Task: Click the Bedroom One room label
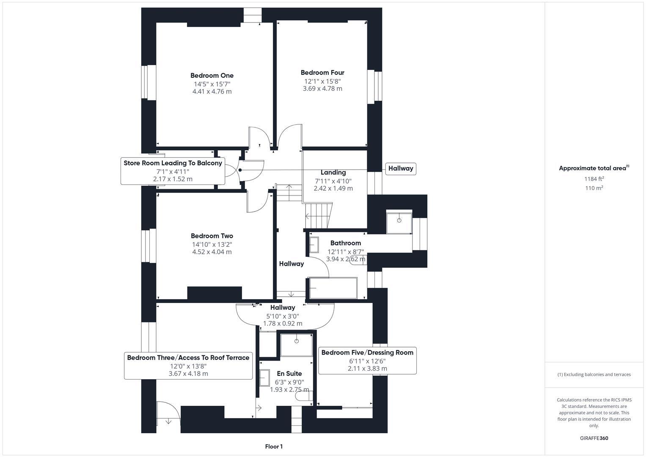[x=212, y=76]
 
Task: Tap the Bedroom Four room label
[x=322, y=73]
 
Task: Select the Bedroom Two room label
[x=212, y=236]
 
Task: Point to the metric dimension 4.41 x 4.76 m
[x=212, y=91]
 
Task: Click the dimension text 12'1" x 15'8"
[x=322, y=81]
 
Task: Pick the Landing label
[x=333, y=172]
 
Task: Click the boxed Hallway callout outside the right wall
[x=400, y=168]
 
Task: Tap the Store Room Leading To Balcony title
[x=173, y=163]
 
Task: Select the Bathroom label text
[x=345, y=243]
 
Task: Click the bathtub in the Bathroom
[x=333, y=288]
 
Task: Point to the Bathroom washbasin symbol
[x=314, y=245]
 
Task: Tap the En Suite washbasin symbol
[x=264, y=378]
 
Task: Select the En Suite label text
[x=289, y=374]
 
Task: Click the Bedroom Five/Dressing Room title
[x=367, y=352]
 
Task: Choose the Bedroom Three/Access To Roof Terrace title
[x=188, y=358]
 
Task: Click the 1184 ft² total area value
[x=594, y=179]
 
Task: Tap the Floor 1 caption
[x=274, y=446]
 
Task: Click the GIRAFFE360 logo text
[x=594, y=438]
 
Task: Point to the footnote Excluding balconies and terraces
[x=594, y=374]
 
